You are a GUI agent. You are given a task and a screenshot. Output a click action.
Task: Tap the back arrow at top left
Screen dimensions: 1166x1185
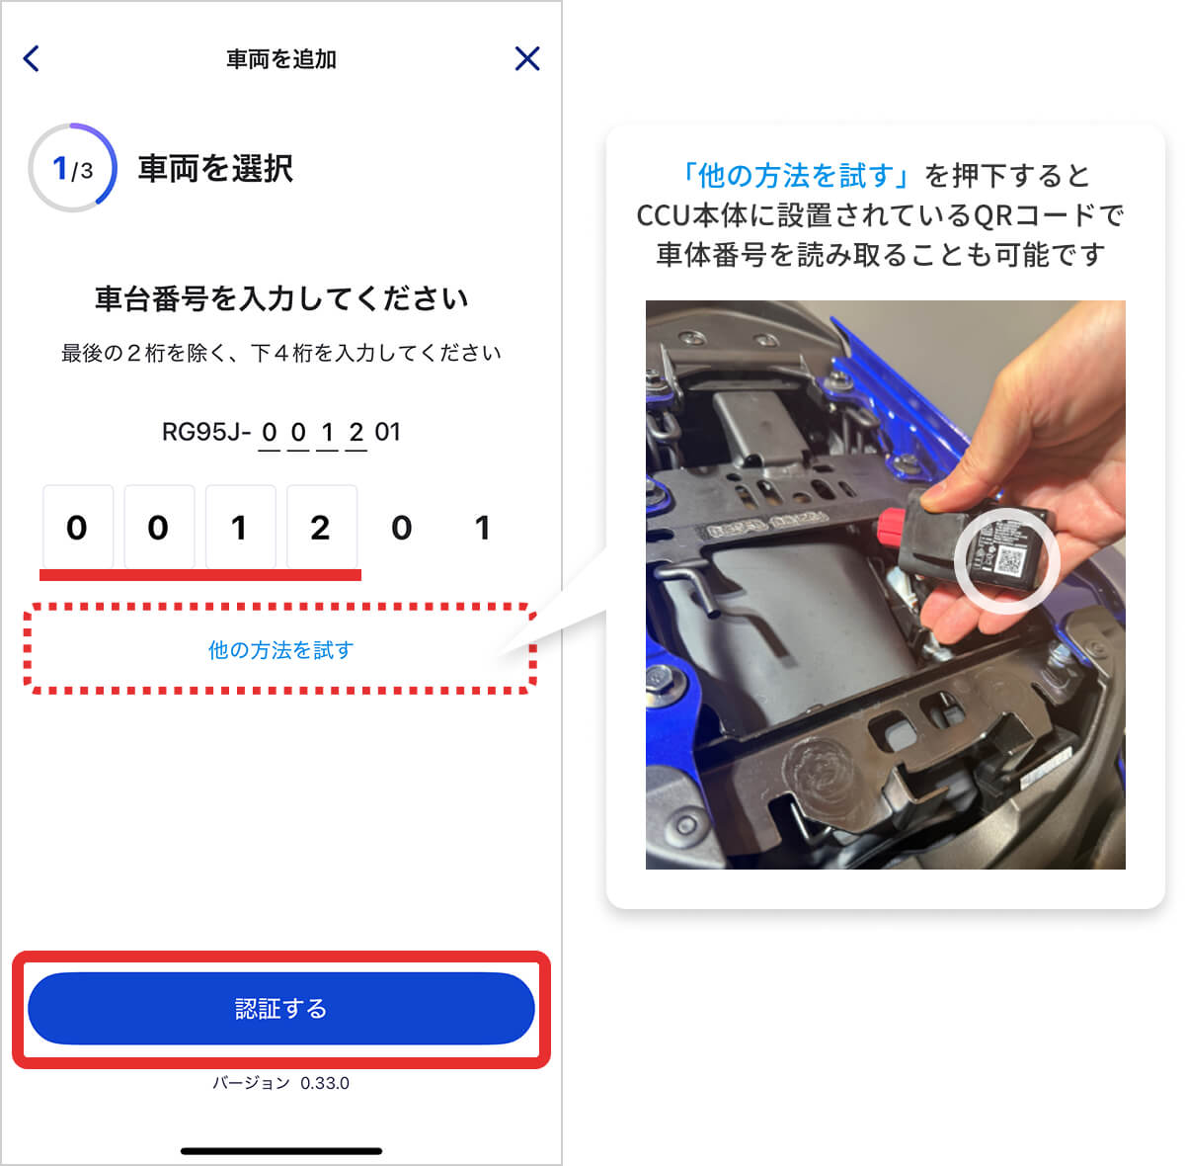32,58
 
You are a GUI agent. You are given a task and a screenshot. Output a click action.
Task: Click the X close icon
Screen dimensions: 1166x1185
527,58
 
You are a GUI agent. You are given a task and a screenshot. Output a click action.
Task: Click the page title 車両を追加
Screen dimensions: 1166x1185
281,59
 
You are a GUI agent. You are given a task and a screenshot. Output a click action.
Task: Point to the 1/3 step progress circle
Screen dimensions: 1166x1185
73,168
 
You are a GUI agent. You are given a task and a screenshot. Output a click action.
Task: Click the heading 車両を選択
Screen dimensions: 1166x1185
215,169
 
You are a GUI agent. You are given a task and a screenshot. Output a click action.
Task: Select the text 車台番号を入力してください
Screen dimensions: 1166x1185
281,298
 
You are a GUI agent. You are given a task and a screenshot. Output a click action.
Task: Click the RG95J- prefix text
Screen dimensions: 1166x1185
205,432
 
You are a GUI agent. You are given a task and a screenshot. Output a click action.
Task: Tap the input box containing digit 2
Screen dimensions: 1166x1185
321,528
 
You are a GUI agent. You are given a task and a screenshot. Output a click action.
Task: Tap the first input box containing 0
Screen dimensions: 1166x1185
77,528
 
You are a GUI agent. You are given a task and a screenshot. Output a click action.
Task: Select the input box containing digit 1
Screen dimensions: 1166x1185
239,528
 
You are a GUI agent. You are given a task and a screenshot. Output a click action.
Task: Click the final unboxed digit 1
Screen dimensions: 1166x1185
482,528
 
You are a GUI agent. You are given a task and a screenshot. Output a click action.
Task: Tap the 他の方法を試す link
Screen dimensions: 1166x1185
280,650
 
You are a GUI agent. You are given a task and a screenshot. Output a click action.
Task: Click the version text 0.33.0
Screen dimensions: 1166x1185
324,1083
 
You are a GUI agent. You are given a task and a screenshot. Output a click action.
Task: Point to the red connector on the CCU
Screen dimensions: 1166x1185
893,530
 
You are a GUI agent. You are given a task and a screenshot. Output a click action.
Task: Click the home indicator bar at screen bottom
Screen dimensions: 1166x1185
281,1151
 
